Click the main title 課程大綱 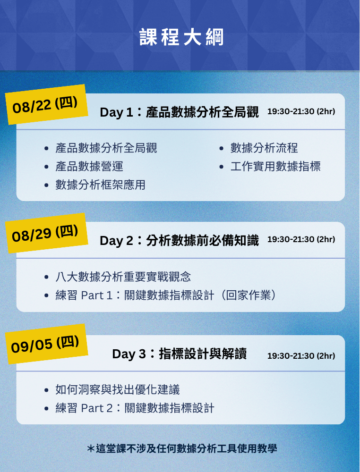click(181, 37)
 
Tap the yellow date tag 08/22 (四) click(46, 104)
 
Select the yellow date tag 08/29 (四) click(46, 233)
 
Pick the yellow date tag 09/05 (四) click(46, 344)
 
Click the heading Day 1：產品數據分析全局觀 click(179, 112)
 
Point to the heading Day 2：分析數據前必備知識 click(179, 241)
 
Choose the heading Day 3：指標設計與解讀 click(180, 354)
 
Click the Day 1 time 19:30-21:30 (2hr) click(301, 111)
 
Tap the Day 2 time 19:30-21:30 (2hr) click(301, 239)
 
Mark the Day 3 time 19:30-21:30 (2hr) click(301, 356)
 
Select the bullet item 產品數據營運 click(89, 167)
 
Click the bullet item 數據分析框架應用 click(100, 185)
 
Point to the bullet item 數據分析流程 click(264, 148)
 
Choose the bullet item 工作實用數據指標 click(275, 167)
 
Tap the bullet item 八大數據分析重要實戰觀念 click(123, 277)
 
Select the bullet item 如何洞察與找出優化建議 click(118, 390)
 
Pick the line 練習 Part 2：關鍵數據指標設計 click(135, 408)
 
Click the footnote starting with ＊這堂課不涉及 click(182, 449)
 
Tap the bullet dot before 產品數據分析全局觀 click(46, 148)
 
